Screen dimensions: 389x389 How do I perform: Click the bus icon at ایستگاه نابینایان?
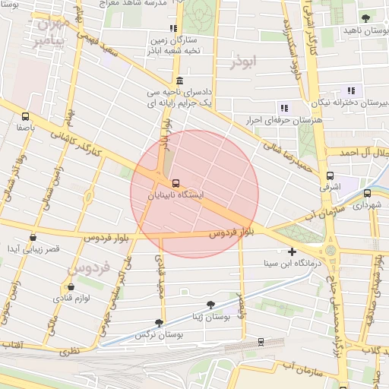point(176,183)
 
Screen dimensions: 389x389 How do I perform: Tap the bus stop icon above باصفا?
point(27,117)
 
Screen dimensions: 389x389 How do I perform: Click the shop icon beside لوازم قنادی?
point(71,287)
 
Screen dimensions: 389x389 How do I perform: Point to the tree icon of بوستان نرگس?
point(159,323)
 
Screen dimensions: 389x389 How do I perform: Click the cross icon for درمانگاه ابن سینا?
point(292,251)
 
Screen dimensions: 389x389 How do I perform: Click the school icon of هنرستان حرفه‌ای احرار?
point(284,108)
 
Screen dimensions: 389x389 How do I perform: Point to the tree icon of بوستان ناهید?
point(365,18)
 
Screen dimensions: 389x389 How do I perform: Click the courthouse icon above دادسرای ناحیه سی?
point(179,81)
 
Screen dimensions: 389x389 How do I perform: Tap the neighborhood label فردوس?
point(90,268)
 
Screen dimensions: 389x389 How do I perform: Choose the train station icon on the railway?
point(261,343)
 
